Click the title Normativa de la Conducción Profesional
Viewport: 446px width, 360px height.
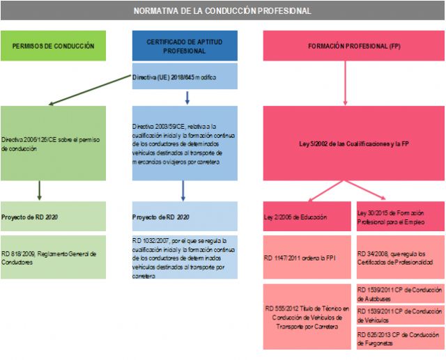222,11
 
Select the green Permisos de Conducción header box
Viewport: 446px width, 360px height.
53,46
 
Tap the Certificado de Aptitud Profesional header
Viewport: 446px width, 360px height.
185,46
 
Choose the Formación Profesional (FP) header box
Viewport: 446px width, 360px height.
353,46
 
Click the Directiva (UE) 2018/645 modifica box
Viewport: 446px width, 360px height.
185,77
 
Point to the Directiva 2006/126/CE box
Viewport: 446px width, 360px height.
53,143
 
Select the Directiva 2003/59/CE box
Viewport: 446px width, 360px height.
185,143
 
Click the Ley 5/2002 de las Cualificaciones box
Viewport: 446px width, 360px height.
353,143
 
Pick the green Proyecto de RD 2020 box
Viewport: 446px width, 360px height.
53,217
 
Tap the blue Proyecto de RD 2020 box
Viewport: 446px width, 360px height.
185,217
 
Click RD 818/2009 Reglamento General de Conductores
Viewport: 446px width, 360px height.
53,257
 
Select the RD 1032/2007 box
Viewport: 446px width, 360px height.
185,257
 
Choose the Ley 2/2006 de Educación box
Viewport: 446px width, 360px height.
308,217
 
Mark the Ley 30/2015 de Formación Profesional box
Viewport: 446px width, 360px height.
399,217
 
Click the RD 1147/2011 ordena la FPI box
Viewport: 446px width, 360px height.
308,257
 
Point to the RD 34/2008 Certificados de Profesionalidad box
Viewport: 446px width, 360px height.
399,257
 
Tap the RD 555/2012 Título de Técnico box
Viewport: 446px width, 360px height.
308,317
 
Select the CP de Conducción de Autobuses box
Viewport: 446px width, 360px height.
399,293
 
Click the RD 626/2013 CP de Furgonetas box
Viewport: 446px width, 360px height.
399,338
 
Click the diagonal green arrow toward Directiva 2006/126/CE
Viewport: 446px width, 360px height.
91,91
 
